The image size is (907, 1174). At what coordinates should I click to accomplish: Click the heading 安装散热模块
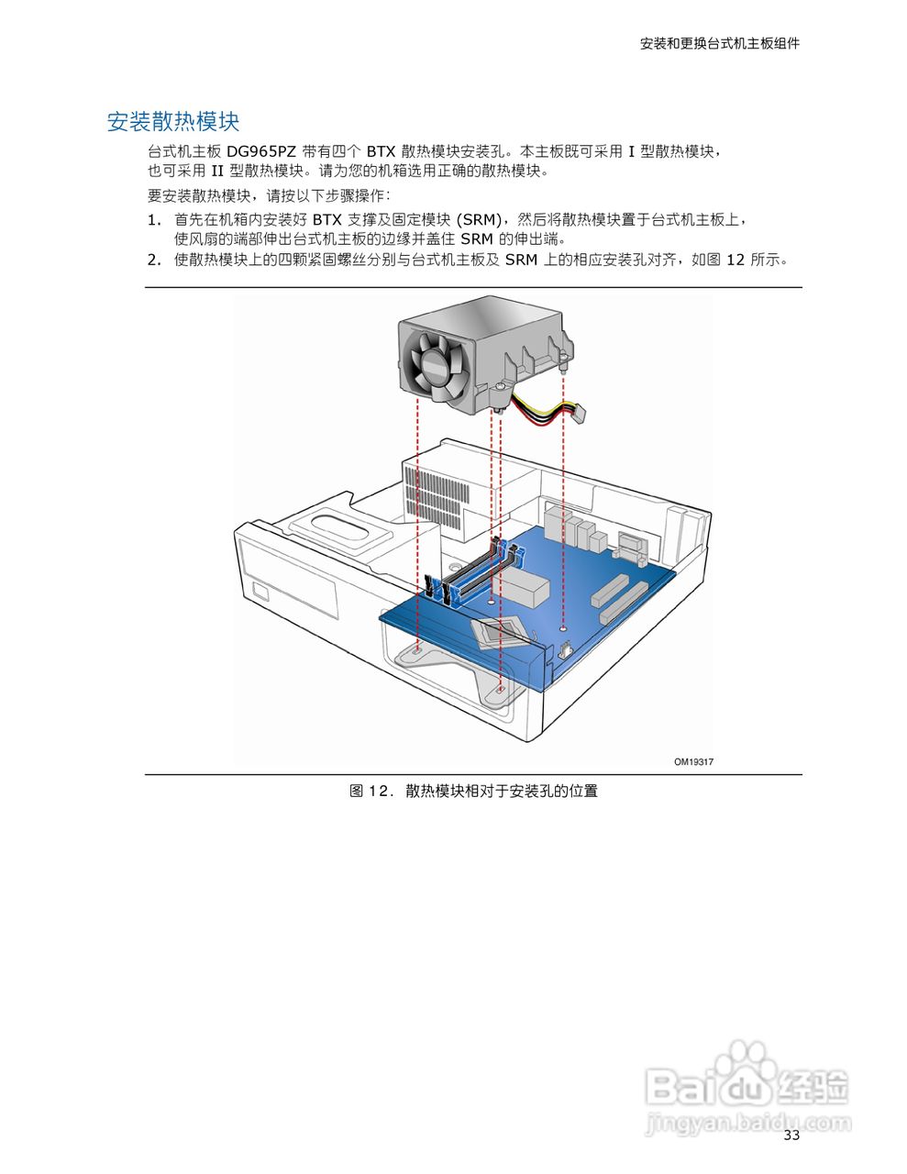(x=173, y=122)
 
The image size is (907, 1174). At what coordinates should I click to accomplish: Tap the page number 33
(x=791, y=1135)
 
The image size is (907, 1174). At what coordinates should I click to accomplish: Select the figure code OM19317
(x=693, y=761)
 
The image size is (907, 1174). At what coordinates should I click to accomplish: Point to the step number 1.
(x=154, y=220)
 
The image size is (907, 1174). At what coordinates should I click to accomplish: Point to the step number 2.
(x=154, y=260)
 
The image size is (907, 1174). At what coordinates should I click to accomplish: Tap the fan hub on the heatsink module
(x=436, y=365)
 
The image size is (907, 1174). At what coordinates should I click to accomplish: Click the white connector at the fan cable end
(x=576, y=413)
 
